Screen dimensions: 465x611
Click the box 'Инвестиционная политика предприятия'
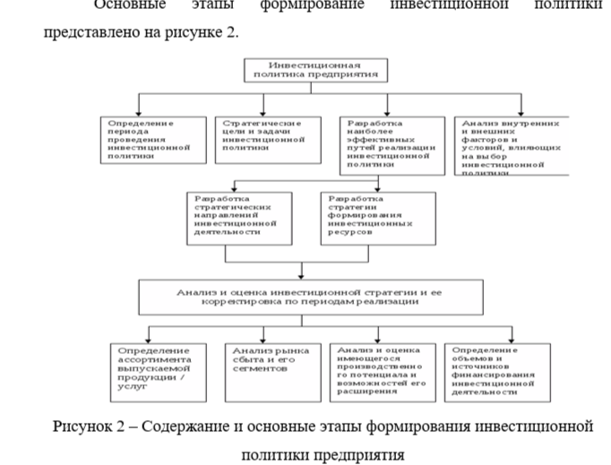pos(315,71)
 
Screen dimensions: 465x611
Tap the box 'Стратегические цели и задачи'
pos(266,139)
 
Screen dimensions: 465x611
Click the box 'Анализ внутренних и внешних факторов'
pos(511,143)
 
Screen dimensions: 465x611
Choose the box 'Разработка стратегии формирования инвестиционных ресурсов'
pos(376,217)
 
